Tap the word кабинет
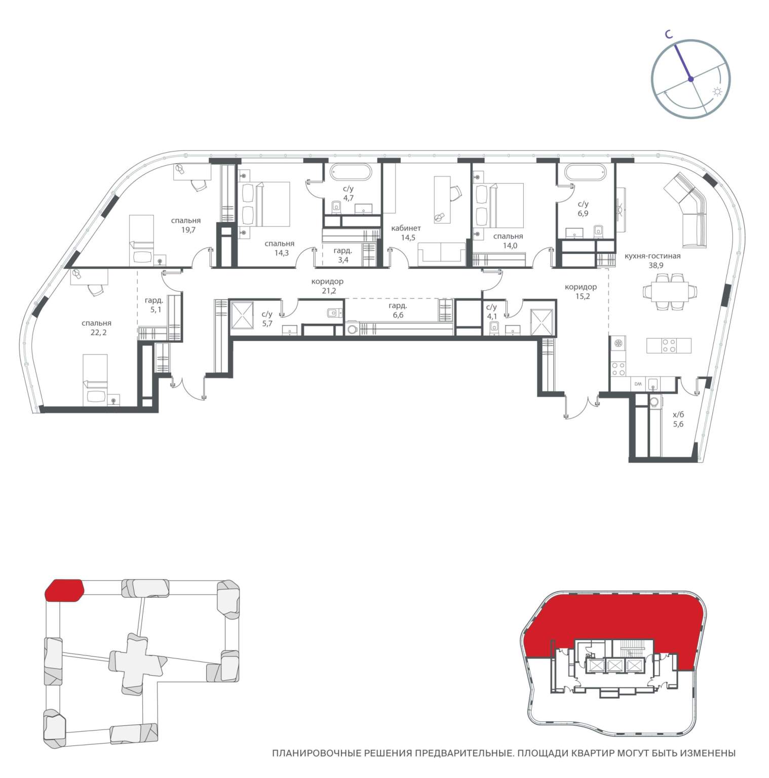(x=406, y=228)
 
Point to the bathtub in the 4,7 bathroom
(x=350, y=172)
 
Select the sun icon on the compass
(x=717, y=92)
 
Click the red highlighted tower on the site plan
(x=64, y=590)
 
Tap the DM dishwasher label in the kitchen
(x=638, y=384)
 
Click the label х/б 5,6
(x=678, y=419)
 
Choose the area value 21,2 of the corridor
(x=328, y=291)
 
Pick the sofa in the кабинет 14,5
(x=441, y=253)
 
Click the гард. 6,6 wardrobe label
(x=398, y=310)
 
